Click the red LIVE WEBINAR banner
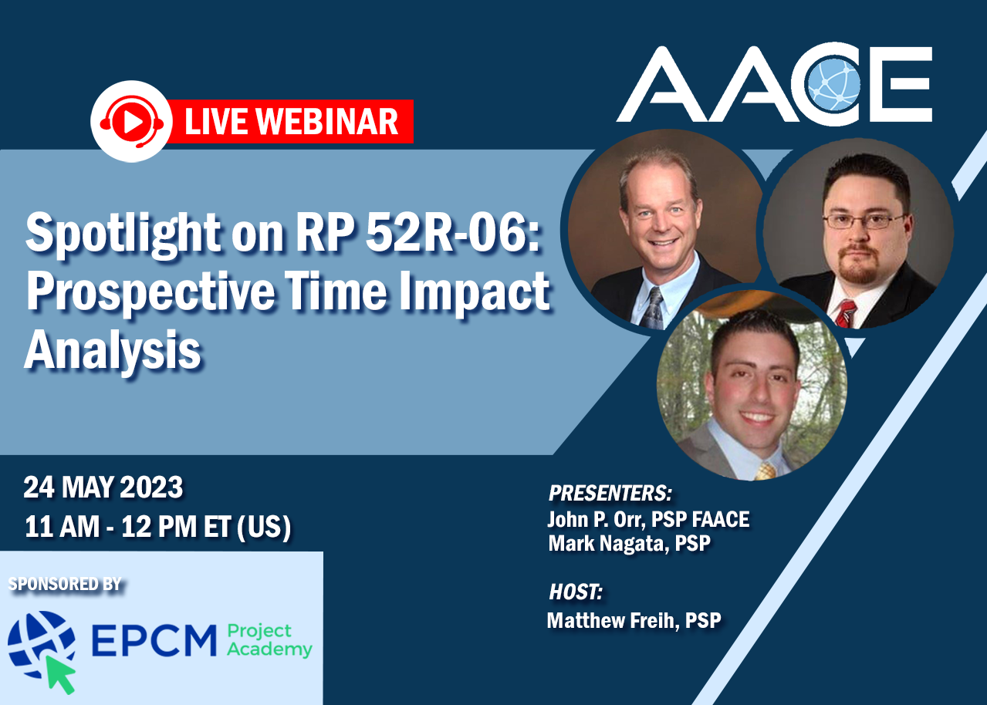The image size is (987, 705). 291,122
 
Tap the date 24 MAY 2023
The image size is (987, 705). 103,487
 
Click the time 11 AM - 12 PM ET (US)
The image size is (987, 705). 157,527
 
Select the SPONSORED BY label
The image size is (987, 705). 65,585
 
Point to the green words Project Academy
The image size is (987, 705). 269,641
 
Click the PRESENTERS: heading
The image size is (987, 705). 610,493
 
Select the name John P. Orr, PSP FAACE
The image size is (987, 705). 648,519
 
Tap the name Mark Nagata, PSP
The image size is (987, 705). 629,543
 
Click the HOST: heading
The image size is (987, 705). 575,592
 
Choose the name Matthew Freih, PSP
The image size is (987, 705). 634,619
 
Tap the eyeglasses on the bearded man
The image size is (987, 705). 864,221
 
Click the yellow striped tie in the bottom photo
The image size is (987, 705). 765,471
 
